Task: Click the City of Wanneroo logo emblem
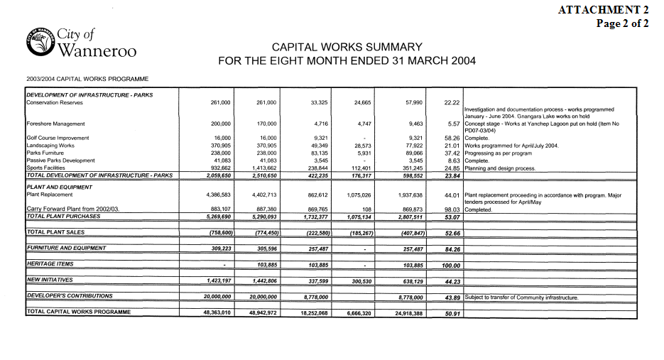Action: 40,43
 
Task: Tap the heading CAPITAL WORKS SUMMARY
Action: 347,47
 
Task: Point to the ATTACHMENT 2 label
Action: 603,9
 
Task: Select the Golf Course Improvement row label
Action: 58,138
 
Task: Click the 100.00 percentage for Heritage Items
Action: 451,265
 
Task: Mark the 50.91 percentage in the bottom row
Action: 452,313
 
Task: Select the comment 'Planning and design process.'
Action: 500,168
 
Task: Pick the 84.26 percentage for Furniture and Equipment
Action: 452,249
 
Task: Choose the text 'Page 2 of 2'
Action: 622,23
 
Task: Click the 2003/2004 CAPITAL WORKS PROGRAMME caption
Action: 87,79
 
